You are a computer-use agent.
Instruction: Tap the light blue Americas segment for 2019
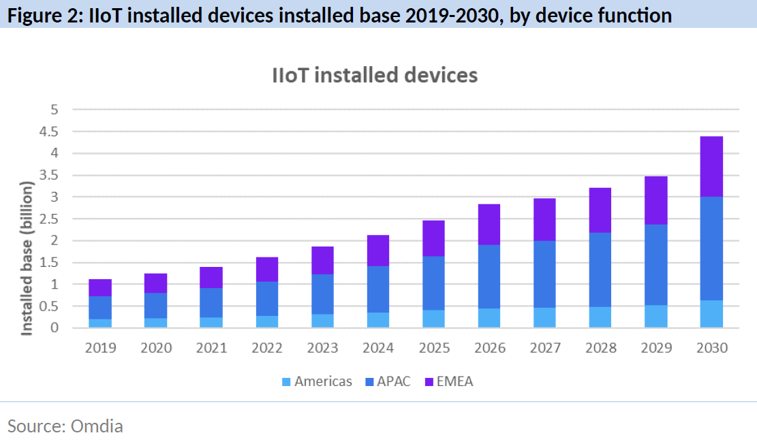100,323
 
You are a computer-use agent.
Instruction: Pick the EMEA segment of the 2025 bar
434,238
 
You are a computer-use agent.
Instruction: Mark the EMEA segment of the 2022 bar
267,269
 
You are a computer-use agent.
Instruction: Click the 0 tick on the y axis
55,328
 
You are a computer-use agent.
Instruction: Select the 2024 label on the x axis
378,348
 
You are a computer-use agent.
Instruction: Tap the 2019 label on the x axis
100,348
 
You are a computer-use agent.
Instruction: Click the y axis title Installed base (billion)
27,257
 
